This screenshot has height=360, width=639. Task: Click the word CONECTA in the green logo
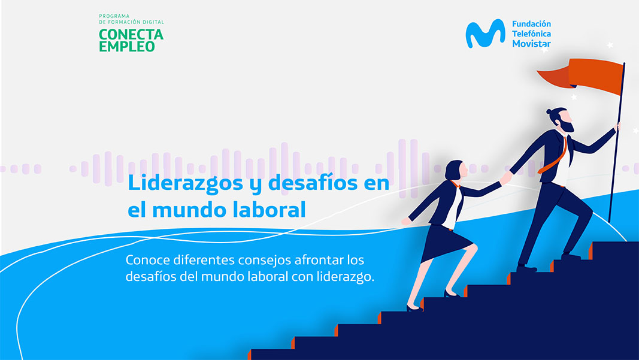131,34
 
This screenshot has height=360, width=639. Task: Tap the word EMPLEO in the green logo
127,47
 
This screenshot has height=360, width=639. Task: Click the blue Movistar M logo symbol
485,34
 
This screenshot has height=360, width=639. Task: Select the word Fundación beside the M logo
531,23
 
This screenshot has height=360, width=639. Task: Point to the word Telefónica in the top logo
531,34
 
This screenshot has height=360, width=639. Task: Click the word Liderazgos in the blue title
185,183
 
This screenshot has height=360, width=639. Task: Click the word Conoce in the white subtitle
146,260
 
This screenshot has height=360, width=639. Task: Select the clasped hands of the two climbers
505,179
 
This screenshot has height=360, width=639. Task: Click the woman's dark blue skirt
445,243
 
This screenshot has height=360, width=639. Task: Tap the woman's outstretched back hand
406,222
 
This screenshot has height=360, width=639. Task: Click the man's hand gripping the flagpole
618,126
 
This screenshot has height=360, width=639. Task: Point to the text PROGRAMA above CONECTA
114,16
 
